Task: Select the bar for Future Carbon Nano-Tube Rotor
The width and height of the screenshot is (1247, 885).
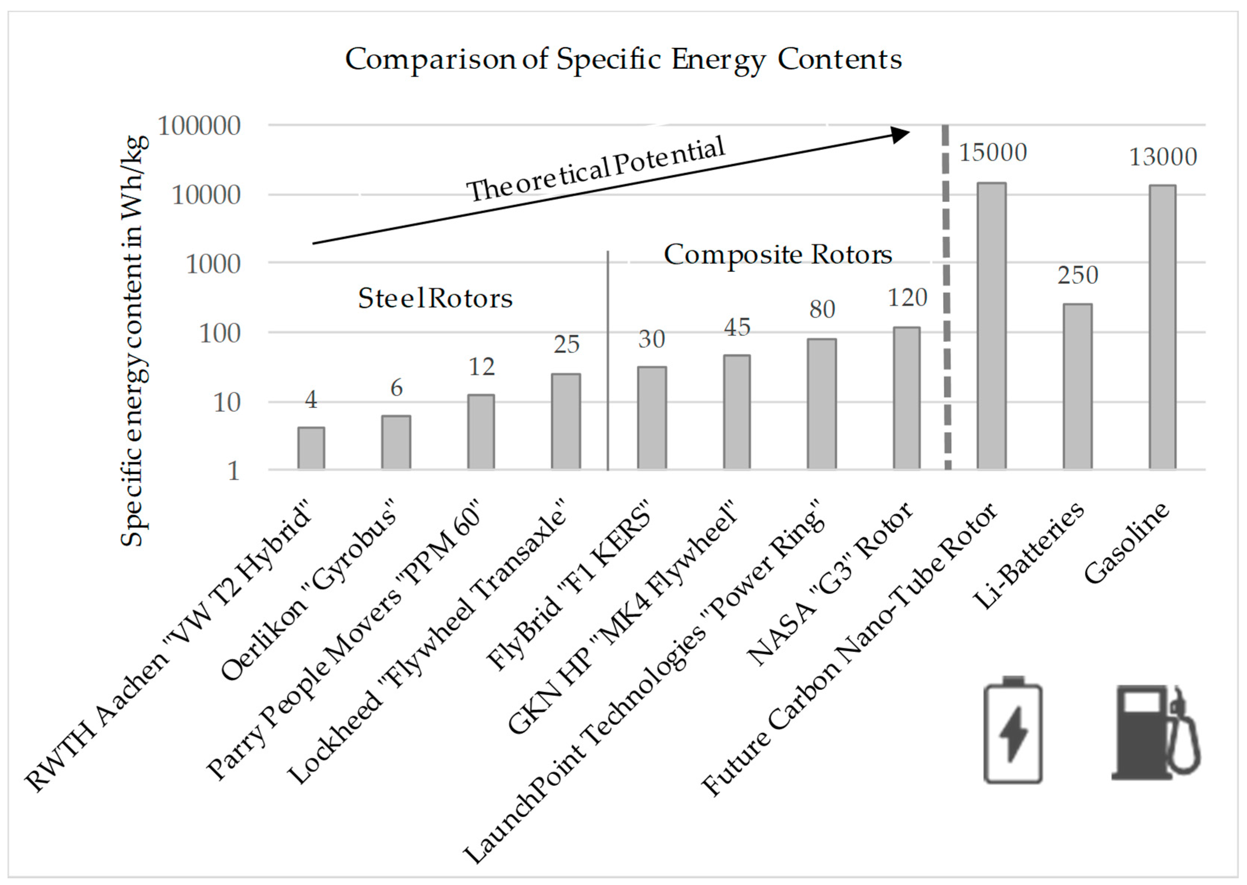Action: click(x=991, y=327)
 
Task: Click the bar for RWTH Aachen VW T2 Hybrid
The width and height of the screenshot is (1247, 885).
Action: click(x=311, y=448)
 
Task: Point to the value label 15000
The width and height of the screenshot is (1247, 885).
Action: click(x=993, y=153)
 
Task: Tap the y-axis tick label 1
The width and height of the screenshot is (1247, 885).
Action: click(x=233, y=471)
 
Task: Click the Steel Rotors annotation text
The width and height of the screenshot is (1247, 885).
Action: click(x=435, y=299)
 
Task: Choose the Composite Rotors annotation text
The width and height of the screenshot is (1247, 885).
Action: click(x=777, y=255)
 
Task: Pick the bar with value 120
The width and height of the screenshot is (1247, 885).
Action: click(x=906, y=398)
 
